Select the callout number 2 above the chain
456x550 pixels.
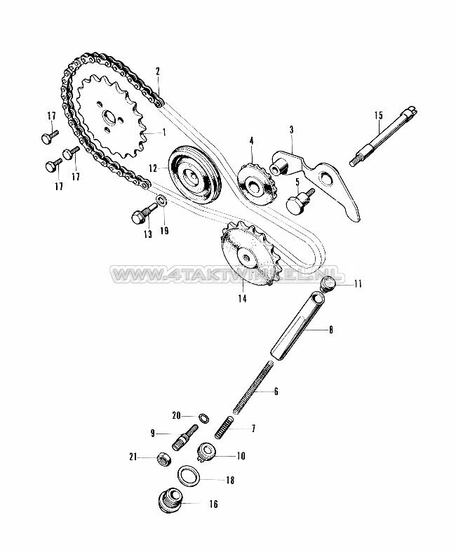click(158, 71)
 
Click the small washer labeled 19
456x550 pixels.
click(162, 203)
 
